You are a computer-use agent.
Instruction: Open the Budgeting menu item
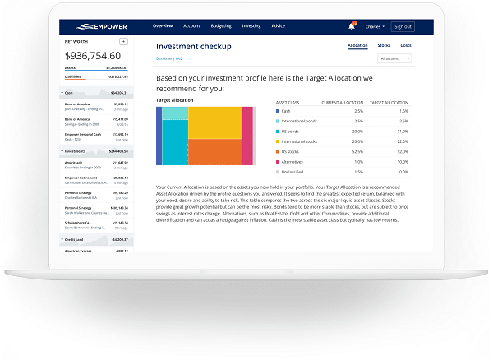221,26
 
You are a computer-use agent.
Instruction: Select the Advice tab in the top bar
279,26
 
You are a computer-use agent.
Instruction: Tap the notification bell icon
352,26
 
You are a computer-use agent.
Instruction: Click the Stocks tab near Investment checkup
384,45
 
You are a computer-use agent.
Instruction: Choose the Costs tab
406,45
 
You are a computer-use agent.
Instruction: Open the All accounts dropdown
395,59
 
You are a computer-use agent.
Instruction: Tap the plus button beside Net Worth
123,40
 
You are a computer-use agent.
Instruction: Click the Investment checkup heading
193,47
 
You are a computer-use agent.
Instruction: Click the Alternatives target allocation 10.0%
380,161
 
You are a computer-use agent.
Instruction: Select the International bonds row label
300,121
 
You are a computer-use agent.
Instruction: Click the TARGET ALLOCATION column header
389,103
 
